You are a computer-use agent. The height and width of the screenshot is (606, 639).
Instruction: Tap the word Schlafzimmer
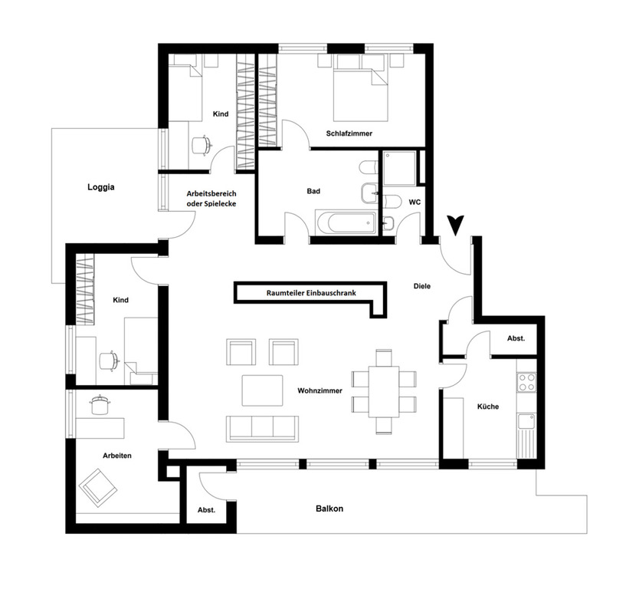point(349,133)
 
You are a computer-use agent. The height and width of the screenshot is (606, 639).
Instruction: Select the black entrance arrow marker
point(457,224)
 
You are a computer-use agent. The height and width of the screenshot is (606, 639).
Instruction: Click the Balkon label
point(329,509)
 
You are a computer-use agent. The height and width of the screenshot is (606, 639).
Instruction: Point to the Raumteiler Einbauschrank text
point(311,292)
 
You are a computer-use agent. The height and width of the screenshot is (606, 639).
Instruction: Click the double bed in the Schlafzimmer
point(359,91)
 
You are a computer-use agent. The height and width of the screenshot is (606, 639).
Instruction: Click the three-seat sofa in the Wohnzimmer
point(261,427)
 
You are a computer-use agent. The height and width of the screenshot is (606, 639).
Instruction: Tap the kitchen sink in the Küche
point(527,421)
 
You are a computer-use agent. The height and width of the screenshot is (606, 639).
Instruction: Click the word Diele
point(421,286)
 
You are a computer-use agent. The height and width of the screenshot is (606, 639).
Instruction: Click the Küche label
point(487,407)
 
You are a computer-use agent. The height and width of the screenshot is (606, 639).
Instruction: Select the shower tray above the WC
point(401,167)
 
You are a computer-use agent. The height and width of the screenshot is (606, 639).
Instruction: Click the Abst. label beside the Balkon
point(207,509)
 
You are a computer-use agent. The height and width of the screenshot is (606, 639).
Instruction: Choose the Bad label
point(313,191)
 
